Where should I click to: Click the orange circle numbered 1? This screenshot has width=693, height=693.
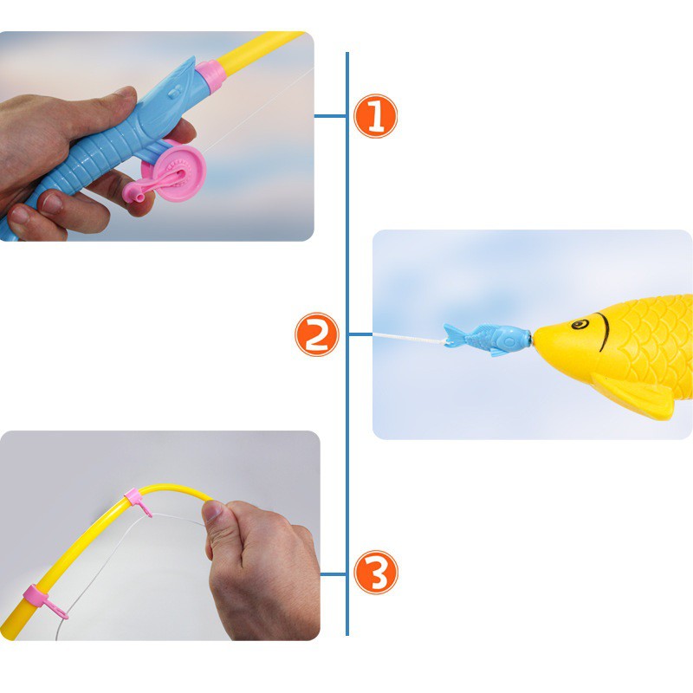click(375, 116)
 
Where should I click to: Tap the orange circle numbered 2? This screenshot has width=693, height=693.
click(316, 334)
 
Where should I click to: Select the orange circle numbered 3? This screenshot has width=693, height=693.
click(376, 573)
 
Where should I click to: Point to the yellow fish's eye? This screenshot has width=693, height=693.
click(580, 324)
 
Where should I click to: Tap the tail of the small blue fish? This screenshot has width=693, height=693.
click(454, 335)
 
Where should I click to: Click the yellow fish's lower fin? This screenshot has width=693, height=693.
click(633, 395)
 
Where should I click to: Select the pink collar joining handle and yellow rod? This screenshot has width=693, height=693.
click(210, 76)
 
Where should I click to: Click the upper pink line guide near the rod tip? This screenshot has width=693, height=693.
click(138, 502)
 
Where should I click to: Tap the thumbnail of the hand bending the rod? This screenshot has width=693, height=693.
click(212, 511)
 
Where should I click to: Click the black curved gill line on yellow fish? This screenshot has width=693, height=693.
click(603, 332)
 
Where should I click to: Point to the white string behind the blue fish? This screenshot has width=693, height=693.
click(409, 338)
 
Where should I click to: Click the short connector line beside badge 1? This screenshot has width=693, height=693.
click(330, 116)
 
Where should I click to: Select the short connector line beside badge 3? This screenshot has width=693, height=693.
click(334, 574)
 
